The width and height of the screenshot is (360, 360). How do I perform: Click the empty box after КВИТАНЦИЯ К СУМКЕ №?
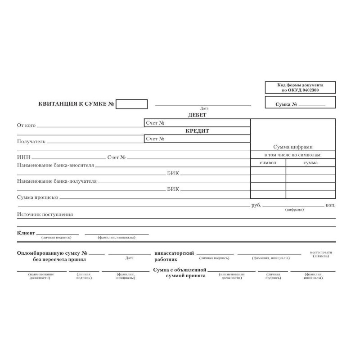coord(131,104)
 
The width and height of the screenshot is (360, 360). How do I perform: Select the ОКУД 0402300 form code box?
coord(300,87)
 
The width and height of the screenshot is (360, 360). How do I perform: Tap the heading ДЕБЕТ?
coord(197,115)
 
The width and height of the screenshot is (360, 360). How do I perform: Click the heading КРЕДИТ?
coord(197,131)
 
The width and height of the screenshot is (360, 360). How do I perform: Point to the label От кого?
coord(26,125)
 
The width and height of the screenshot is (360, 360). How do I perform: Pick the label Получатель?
coord(31,141)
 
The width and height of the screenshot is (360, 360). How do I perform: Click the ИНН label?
coord(23,157)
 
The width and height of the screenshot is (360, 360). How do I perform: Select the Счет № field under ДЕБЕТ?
coord(197,123)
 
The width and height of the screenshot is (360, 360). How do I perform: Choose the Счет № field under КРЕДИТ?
coord(197,139)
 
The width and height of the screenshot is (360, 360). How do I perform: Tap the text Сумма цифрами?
coord(292,147)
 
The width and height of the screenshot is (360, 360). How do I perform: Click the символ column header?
coord(268,162)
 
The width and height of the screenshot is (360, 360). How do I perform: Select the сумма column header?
coord(310,162)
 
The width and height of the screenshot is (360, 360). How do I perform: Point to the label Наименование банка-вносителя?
coord(55,165)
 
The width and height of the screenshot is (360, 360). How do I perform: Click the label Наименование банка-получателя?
coord(57,181)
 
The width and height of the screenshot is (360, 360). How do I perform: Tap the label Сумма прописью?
coord(37,197)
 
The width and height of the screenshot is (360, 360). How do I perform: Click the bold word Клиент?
coord(26,233)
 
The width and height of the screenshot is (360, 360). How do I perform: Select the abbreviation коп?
coord(330,205)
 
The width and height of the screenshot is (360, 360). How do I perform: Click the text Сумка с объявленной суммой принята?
coord(179,272)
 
